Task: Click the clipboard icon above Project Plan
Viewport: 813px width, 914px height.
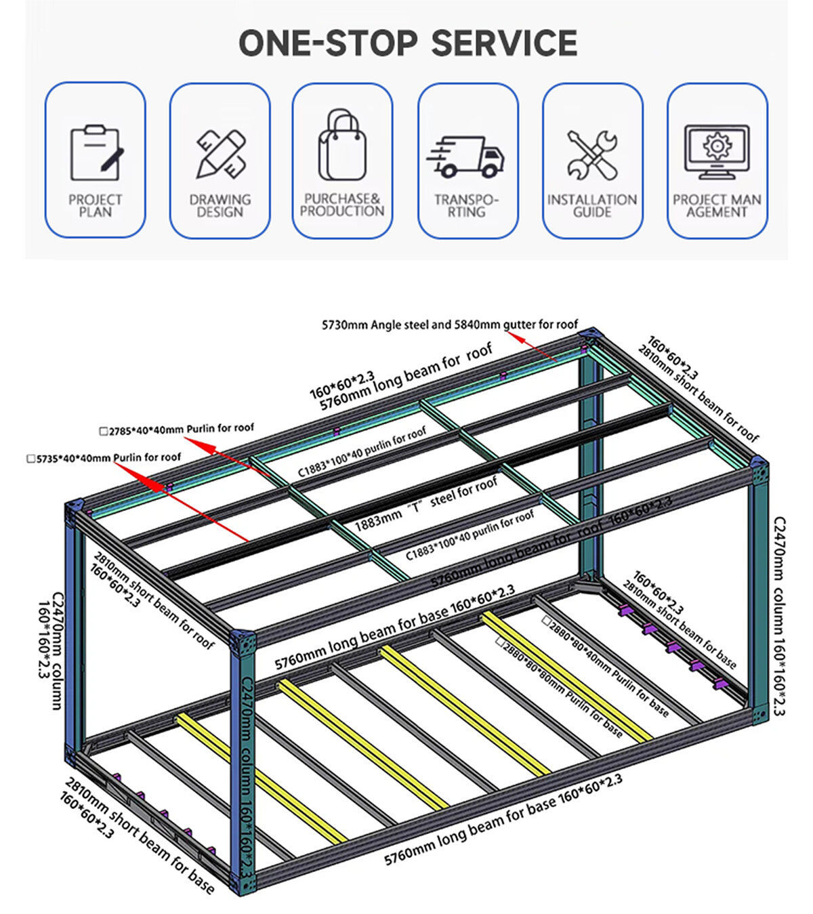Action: pyautogui.click(x=96, y=153)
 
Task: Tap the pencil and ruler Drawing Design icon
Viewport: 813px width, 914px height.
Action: pyautogui.click(x=220, y=154)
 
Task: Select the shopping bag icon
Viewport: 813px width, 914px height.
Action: pyautogui.click(x=342, y=146)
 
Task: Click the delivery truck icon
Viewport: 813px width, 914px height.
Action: pyautogui.click(x=466, y=157)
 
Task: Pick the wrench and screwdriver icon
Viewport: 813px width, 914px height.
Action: pyautogui.click(x=592, y=155)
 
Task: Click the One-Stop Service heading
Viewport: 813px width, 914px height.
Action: pyautogui.click(x=408, y=43)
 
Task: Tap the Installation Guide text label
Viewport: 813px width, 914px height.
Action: pyautogui.click(x=592, y=205)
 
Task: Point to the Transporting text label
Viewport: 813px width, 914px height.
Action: pyautogui.click(x=467, y=205)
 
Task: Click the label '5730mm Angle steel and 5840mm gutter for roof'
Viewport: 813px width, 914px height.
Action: pyautogui.click(x=450, y=325)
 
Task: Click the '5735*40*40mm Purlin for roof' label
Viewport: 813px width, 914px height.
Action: pyautogui.click(x=104, y=458)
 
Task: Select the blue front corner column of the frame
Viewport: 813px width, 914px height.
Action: pyautogui.click(x=243, y=759)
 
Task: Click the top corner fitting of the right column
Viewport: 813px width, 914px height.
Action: pyautogui.click(x=759, y=470)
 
